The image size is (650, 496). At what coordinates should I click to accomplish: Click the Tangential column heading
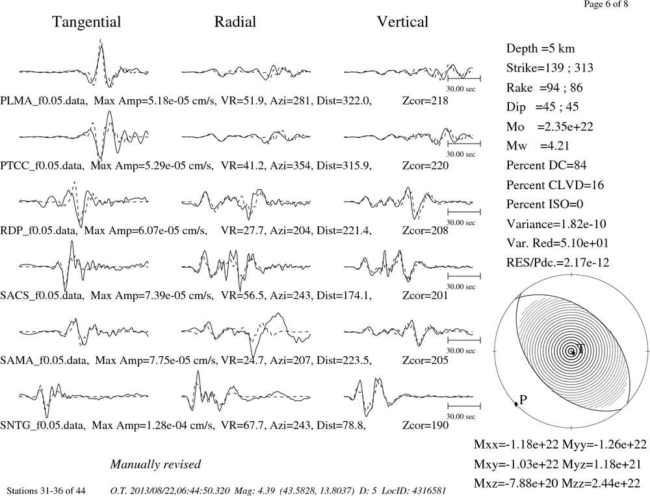tap(86, 22)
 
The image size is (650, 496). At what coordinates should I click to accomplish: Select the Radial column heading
tap(235, 22)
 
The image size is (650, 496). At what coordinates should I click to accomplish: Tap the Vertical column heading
tap(402, 22)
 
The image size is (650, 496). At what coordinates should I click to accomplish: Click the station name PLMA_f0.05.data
tap(44, 101)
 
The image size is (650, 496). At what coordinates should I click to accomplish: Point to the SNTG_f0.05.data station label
tap(43, 426)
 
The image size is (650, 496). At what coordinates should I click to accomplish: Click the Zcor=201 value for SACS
tap(425, 295)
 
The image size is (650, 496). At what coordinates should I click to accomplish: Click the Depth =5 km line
tap(540, 49)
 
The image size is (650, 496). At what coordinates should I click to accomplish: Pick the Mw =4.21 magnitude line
tap(538, 146)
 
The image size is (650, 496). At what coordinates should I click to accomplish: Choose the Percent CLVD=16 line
tap(555, 185)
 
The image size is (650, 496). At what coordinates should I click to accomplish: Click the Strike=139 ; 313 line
tap(550, 68)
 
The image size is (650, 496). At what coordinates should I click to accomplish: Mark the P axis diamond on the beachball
tap(516, 404)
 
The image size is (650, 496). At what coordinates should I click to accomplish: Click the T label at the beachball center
tap(580, 348)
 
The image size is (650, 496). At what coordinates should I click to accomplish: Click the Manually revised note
tap(155, 464)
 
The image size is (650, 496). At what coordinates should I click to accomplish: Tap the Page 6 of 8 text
tap(606, 5)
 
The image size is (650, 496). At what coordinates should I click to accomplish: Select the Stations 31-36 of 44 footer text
tap(46, 491)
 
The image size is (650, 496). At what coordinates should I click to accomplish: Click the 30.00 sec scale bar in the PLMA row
tap(464, 79)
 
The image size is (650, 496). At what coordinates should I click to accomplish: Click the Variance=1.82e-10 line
tap(556, 224)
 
